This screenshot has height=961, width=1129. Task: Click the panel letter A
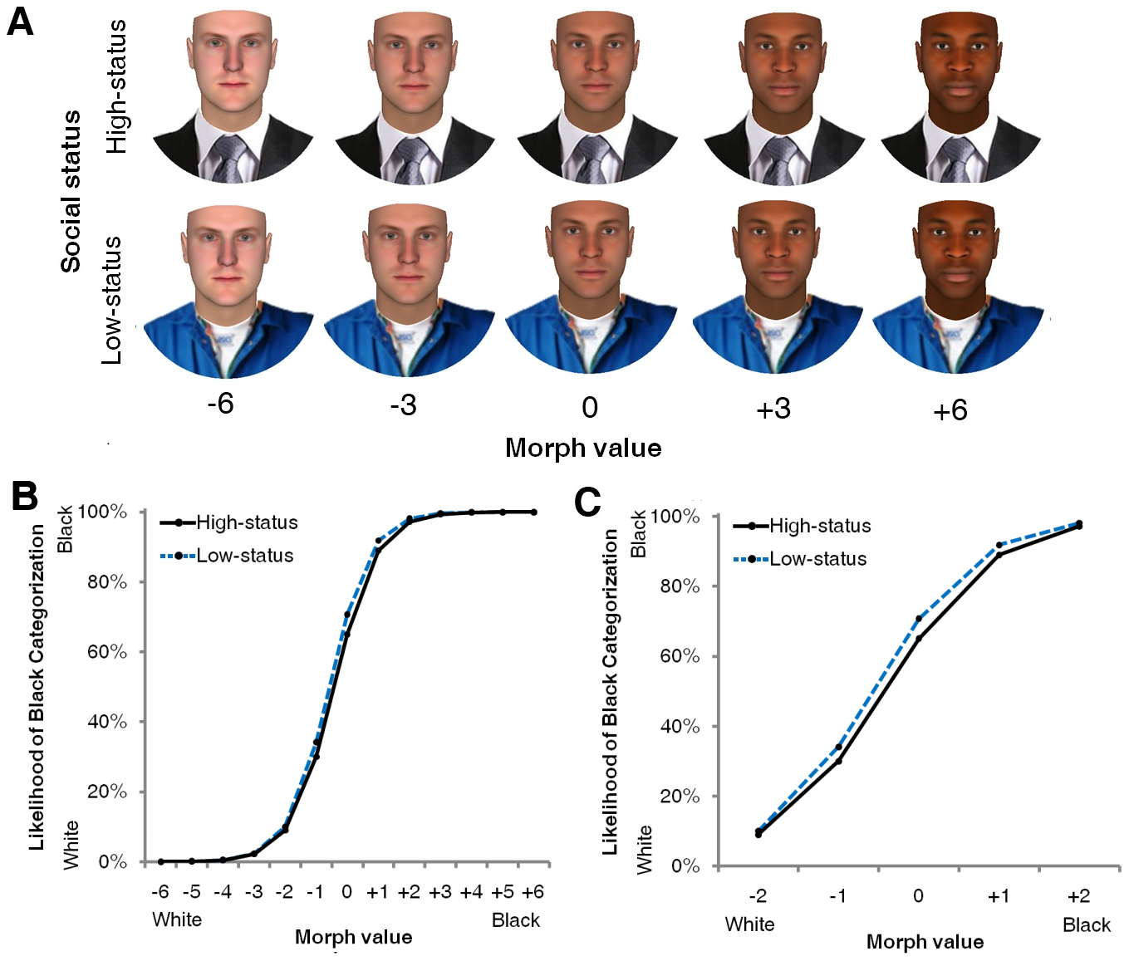pyautogui.click(x=20, y=21)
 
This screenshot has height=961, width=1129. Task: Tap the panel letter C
pyautogui.click(x=588, y=503)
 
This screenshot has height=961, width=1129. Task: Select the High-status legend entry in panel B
pyautogui.click(x=246, y=523)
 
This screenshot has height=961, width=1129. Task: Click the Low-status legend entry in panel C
pyautogui.click(x=817, y=559)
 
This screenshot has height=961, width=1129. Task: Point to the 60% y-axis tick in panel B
pyautogui.click(x=107, y=652)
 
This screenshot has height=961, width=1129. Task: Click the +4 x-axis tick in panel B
pyautogui.click(x=471, y=892)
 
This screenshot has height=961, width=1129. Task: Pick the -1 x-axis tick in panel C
pyautogui.click(x=837, y=896)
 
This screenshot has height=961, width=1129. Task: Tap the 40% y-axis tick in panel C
pyautogui.click(x=680, y=727)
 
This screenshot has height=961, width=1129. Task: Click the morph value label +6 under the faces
pyautogui.click(x=950, y=410)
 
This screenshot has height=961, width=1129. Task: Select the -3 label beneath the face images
pyautogui.click(x=403, y=405)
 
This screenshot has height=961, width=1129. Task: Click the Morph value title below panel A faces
pyautogui.click(x=583, y=449)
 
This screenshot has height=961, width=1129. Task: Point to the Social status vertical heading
pyautogui.click(x=71, y=191)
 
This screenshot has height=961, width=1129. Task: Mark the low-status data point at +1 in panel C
pyautogui.click(x=999, y=545)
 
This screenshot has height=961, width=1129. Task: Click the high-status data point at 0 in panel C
pyautogui.click(x=918, y=639)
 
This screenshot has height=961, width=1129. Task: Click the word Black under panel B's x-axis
pyautogui.click(x=515, y=920)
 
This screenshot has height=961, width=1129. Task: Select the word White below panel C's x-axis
pyautogui.click(x=749, y=924)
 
